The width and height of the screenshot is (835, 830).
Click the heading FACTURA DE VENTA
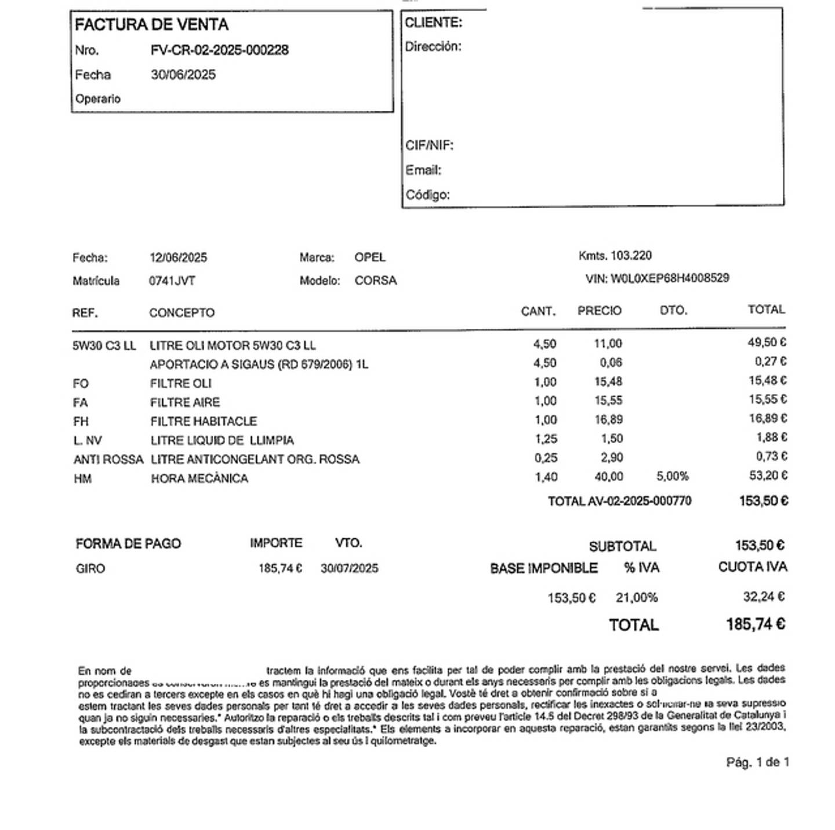(151, 24)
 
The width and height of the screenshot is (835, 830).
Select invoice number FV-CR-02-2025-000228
(219, 50)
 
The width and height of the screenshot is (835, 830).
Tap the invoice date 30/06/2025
(183, 75)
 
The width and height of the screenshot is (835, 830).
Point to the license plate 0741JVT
(172, 281)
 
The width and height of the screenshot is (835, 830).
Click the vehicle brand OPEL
(370, 257)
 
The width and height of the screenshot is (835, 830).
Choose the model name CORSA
(376, 281)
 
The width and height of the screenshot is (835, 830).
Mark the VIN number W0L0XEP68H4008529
(670, 278)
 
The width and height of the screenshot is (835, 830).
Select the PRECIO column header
(599, 311)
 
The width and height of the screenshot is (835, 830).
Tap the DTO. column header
(673, 311)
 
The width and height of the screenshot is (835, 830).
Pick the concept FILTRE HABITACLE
(203, 421)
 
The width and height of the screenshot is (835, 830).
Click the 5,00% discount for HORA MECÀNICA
(672, 477)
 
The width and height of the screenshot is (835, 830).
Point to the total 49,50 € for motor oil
(767, 343)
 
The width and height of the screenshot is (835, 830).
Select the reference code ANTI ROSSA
(108, 459)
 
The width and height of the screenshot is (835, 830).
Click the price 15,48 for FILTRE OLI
(608, 382)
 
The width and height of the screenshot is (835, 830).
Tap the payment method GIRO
(90, 568)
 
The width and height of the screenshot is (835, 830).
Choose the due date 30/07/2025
(349, 568)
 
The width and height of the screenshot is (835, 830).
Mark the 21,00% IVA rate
(636, 597)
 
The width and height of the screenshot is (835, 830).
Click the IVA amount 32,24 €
(764, 597)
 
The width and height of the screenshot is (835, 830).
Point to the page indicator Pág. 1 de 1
(757, 762)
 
